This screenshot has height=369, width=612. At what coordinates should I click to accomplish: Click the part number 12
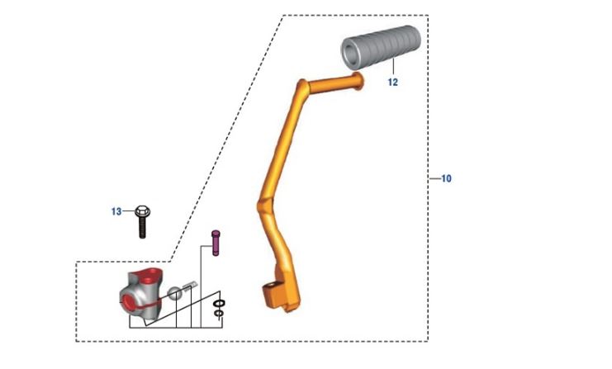click(x=392, y=83)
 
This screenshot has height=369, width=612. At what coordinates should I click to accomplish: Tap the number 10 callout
click(x=447, y=178)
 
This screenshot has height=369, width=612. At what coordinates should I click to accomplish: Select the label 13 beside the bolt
click(x=116, y=211)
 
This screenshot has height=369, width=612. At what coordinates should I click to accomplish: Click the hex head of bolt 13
click(x=142, y=211)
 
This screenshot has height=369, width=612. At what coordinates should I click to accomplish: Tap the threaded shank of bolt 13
click(x=142, y=227)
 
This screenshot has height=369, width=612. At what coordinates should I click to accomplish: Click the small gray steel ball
click(x=177, y=293)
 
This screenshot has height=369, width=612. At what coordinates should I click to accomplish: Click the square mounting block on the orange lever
click(x=273, y=293)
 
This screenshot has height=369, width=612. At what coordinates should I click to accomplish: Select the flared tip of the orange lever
click(x=358, y=79)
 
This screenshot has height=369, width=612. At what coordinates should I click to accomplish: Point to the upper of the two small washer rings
click(x=218, y=304)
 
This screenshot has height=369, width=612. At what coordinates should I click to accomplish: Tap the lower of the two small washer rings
click(x=218, y=314)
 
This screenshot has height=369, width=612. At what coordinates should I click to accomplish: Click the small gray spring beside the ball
click(x=190, y=287)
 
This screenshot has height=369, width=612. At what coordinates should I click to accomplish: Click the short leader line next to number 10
click(x=434, y=178)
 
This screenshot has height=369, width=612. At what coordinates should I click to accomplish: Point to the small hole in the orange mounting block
click(x=268, y=290)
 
